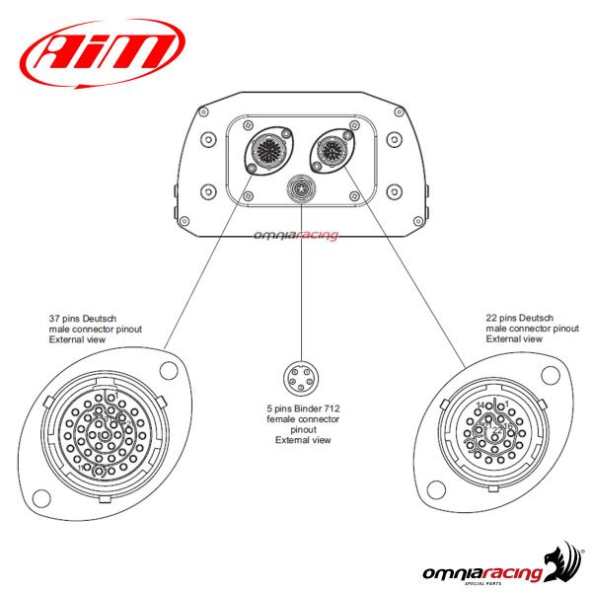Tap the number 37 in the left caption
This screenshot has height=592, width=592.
point(56,319)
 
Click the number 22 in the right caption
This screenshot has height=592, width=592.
point(492,319)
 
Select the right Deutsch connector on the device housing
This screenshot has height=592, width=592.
point(328,153)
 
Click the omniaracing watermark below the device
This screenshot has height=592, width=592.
point(296,234)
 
